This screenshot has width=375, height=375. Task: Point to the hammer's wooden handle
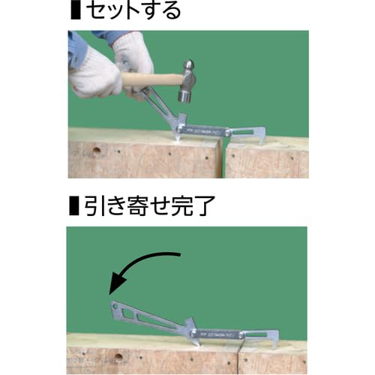pos(150,79)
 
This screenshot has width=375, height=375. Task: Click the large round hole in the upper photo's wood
pos(96,151)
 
